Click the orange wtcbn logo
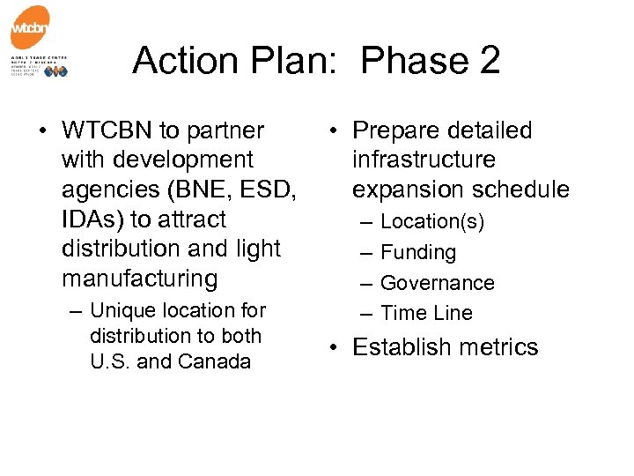point(30,29)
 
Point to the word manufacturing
point(139,279)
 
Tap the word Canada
point(214,361)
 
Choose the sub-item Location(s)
point(432,222)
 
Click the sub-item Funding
point(418,253)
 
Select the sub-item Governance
point(438,283)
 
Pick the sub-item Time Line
point(426,313)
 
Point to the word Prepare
point(395,130)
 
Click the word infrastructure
point(424,160)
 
